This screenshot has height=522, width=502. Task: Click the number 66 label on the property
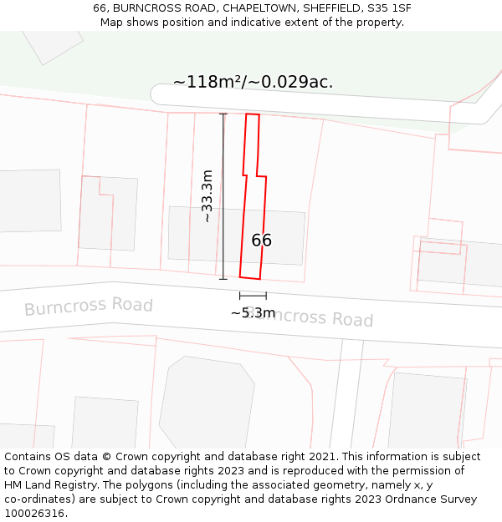tap(261, 241)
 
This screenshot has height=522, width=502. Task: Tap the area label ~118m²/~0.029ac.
tap(253, 82)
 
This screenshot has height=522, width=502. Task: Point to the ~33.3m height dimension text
tap(207, 196)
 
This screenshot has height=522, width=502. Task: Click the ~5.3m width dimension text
tap(253, 313)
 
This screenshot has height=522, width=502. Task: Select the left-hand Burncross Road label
tap(88, 306)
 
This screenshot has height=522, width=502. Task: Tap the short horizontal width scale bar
tap(253, 295)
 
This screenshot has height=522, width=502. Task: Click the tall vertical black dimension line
tap(223, 196)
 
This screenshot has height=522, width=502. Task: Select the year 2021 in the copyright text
tap(323, 457)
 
